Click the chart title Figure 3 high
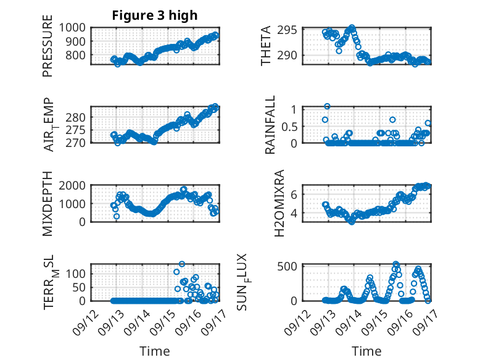(155, 15)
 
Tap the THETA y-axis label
(266, 46)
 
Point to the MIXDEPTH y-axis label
(48, 204)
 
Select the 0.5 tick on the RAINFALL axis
(291, 126)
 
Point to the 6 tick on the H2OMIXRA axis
(295, 194)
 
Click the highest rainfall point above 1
(327, 106)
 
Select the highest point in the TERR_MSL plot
(181, 264)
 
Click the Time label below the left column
(154, 351)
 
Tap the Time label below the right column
(366, 351)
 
